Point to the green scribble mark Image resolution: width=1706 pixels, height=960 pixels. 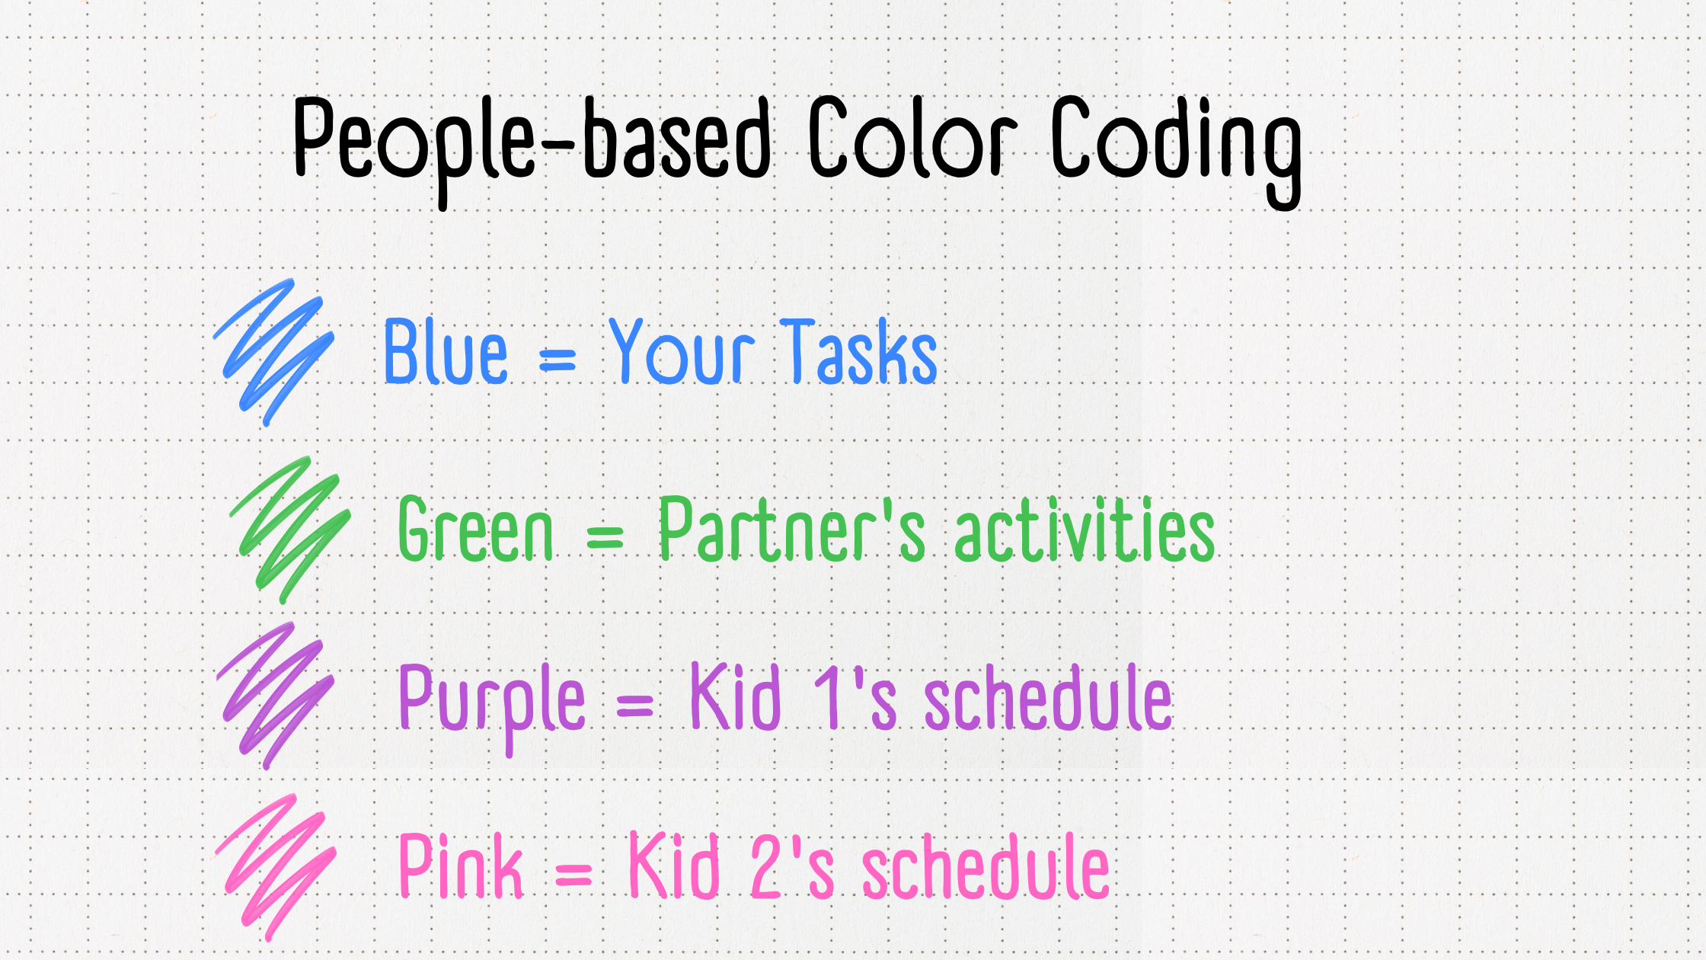290,530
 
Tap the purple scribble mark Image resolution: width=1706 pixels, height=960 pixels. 275,696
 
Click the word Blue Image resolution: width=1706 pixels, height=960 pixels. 445,351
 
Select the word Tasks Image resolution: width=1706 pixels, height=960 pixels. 860,351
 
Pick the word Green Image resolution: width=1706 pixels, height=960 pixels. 475,529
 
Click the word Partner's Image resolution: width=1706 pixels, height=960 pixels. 792,529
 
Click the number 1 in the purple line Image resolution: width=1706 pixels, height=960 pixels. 827,696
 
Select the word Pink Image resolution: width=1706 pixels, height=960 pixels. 461,866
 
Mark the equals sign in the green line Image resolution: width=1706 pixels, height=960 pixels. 605,536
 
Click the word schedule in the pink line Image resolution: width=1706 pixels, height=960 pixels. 986,866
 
